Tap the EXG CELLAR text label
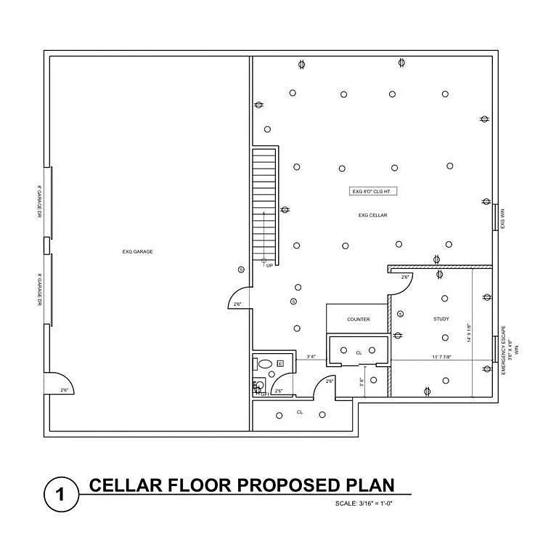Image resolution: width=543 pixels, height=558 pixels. point(372,215)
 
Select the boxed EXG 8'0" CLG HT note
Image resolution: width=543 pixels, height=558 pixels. point(373,192)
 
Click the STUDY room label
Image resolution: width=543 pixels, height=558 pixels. point(441,319)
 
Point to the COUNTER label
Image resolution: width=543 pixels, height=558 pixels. point(358,319)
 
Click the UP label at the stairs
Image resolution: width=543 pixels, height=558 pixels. point(269,266)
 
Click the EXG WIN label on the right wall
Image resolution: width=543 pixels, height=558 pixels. point(502,217)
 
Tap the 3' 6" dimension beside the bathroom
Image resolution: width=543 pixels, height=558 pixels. point(312,357)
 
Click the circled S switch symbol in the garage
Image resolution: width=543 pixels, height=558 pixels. point(241,270)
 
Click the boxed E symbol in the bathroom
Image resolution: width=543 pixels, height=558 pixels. point(279,363)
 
